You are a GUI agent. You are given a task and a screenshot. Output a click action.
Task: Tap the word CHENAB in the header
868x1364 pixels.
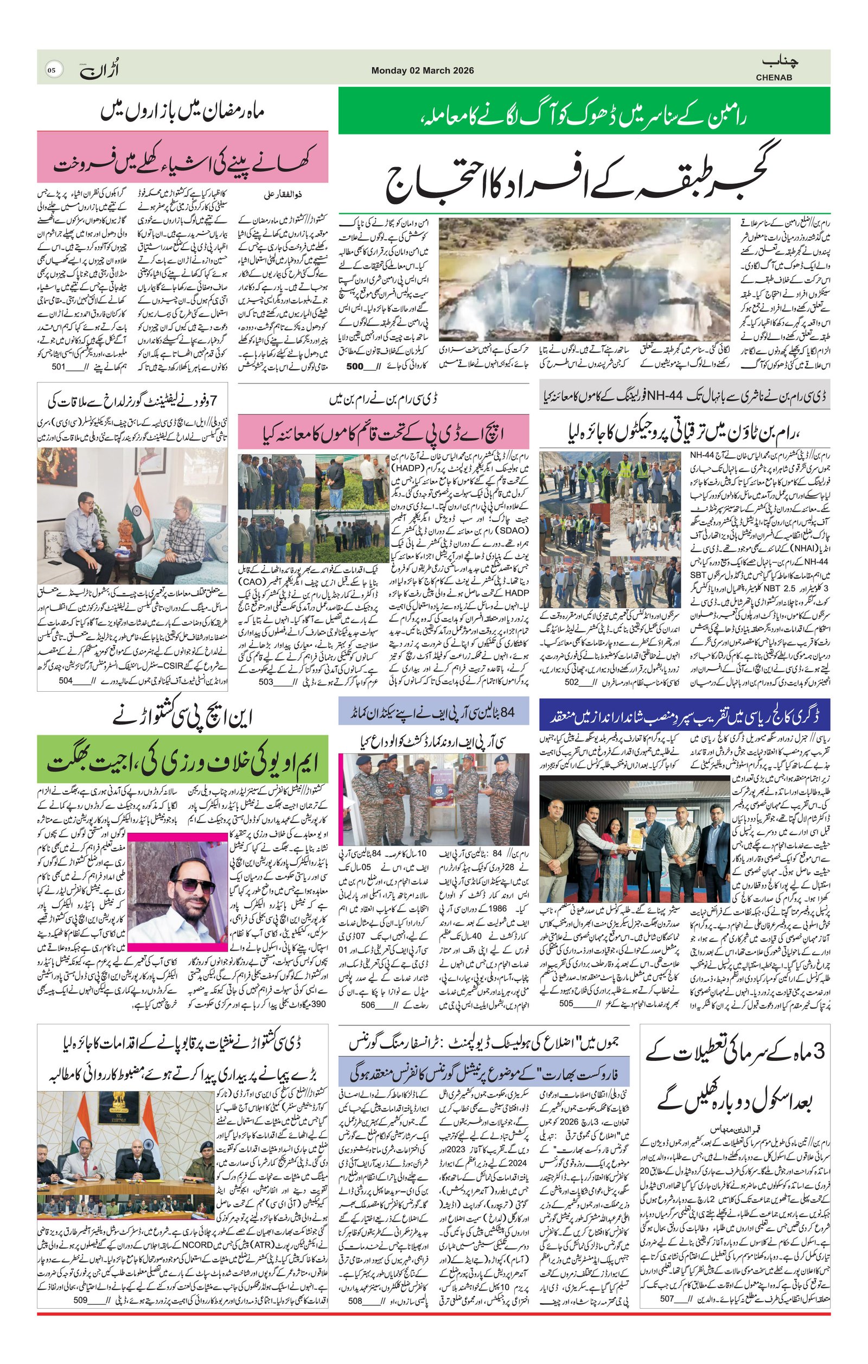774,77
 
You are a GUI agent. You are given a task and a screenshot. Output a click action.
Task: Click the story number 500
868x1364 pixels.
354,366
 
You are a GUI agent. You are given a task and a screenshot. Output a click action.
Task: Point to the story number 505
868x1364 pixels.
567,1003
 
